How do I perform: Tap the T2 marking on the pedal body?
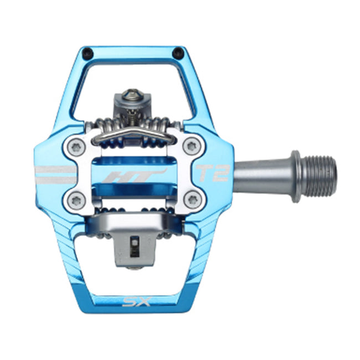213,173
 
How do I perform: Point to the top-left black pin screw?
88,53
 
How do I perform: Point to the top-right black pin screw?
178,53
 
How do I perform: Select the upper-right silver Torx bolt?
191,147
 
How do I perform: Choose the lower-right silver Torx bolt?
191,199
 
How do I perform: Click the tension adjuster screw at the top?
131,100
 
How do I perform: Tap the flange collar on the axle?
296,176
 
